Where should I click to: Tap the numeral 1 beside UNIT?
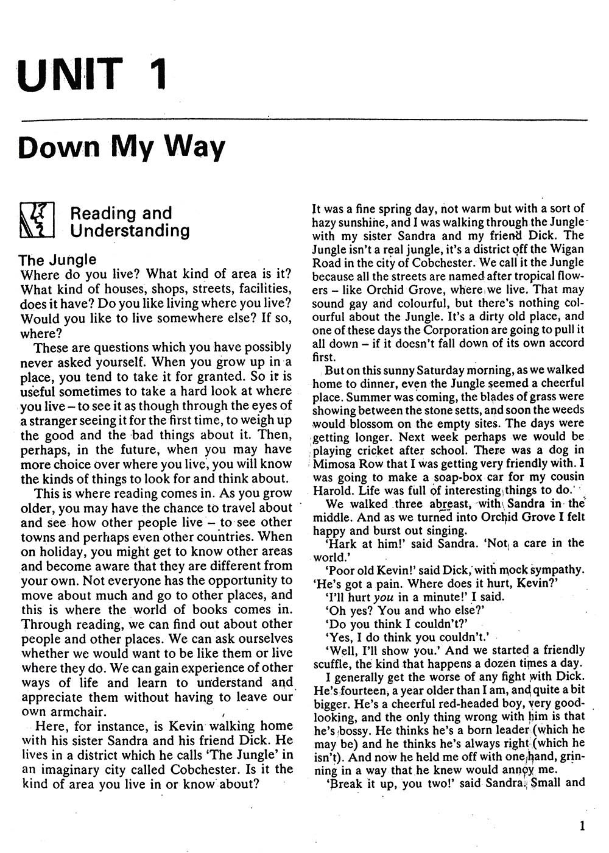(155, 74)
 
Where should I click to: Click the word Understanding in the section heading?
(130, 230)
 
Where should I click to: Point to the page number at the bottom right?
(583, 826)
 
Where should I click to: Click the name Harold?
(332, 491)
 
